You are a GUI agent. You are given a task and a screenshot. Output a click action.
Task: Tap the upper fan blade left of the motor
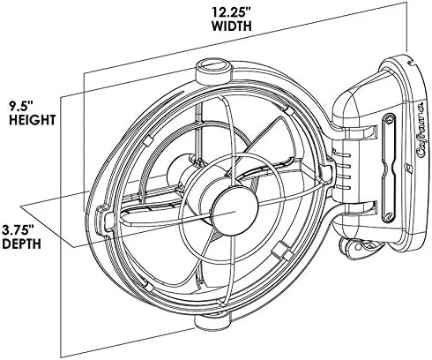[x=168, y=141]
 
